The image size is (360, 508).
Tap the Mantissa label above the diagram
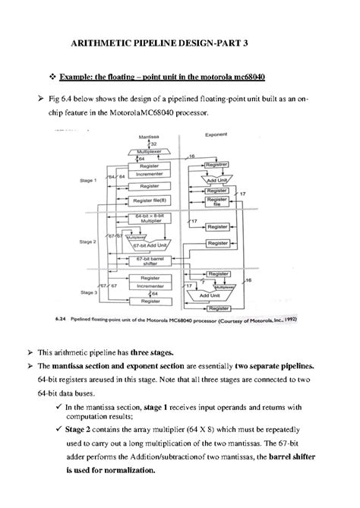[148, 136]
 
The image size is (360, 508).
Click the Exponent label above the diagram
[218, 135]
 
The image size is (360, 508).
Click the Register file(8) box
[150, 200]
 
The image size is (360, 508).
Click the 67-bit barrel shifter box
[150, 261]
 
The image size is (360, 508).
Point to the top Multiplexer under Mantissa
[150, 151]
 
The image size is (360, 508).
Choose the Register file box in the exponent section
[217, 201]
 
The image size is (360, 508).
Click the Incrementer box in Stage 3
[150, 286]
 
